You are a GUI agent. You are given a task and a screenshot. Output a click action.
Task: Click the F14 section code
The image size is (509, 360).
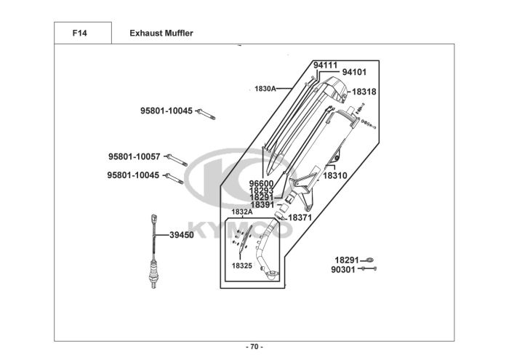(x=79, y=33)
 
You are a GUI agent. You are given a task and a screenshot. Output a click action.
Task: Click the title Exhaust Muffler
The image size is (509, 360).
(x=161, y=33)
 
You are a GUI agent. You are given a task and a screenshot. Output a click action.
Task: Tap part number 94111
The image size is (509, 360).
(x=325, y=65)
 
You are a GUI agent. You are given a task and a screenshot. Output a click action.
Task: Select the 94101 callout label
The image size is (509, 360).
(x=354, y=72)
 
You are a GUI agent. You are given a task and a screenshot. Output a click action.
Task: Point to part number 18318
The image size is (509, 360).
(x=364, y=92)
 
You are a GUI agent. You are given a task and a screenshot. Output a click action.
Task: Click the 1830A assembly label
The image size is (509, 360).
(x=265, y=89)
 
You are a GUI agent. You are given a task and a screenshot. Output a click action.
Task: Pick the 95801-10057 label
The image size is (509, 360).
(x=134, y=157)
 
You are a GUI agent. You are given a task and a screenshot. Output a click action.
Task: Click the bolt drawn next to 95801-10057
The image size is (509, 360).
(x=177, y=160)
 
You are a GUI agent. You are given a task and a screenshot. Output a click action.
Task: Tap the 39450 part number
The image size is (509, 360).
(x=182, y=235)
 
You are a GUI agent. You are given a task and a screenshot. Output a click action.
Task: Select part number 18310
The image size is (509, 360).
(x=335, y=175)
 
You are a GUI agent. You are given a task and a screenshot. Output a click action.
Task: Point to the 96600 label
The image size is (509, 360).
(x=261, y=184)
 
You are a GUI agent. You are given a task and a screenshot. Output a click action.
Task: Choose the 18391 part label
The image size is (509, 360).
(x=262, y=205)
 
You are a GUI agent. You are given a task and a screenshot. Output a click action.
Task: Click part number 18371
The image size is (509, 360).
(x=300, y=217)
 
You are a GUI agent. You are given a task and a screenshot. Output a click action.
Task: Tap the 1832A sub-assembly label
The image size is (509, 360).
(x=242, y=212)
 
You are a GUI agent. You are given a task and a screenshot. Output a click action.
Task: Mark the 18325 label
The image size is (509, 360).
(x=242, y=265)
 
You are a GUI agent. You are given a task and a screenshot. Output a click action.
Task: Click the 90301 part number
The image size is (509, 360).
(x=343, y=270)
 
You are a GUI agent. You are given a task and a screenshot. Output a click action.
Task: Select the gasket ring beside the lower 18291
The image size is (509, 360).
(x=369, y=260)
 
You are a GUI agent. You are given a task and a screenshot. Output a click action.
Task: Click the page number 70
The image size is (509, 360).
(x=254, y=347)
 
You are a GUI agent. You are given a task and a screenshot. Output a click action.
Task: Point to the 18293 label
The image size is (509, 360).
(x=261, y=191)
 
